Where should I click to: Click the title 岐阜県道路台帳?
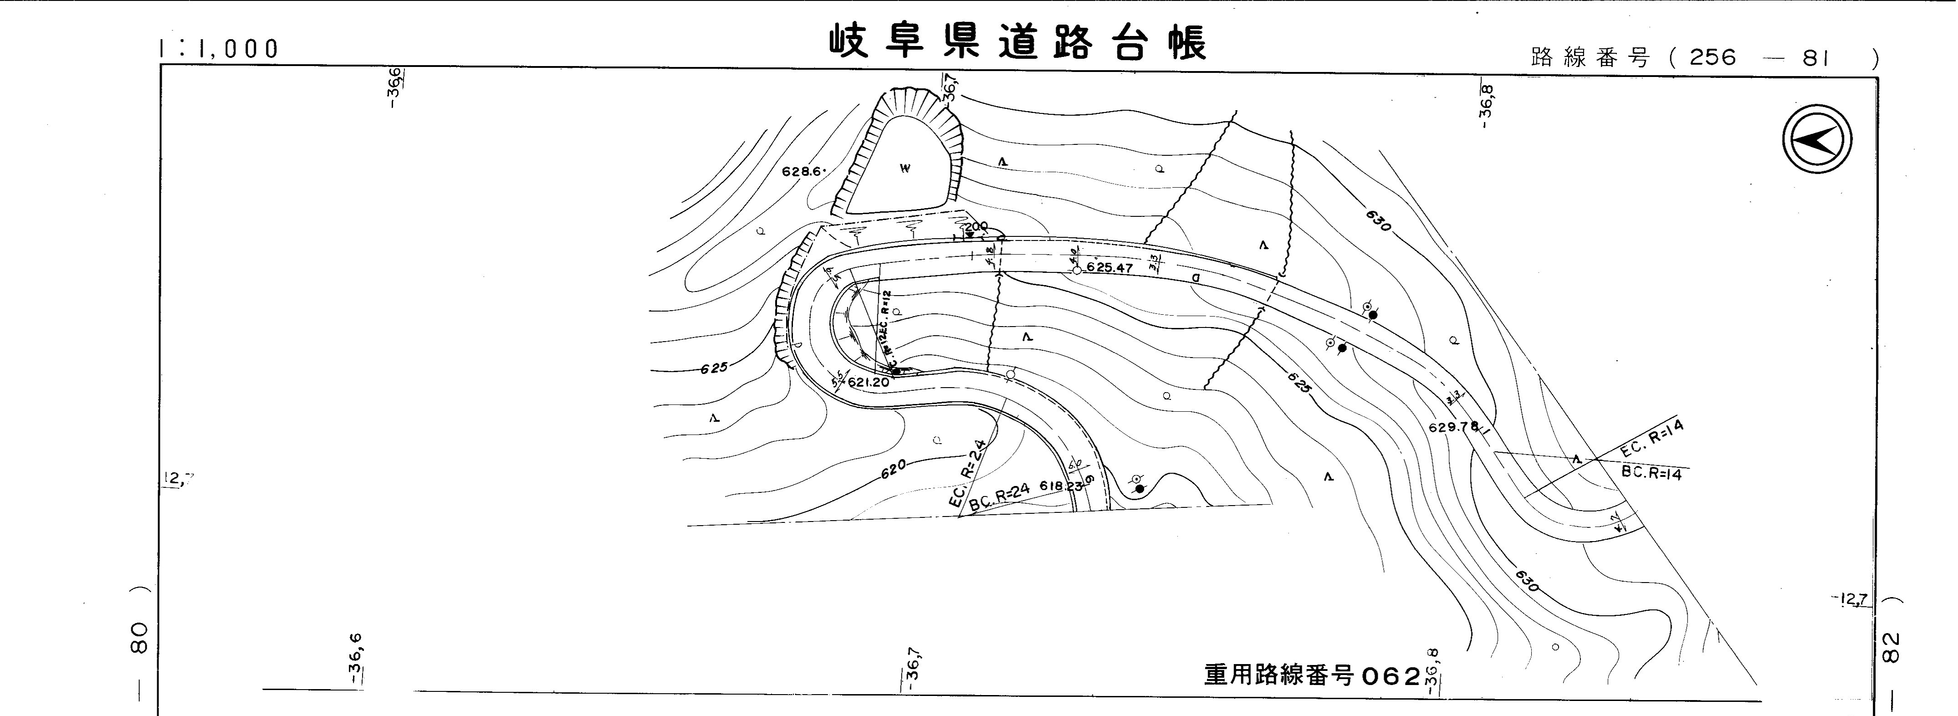click(x=1017, y=43)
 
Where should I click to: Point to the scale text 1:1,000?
click(x=219, y=49)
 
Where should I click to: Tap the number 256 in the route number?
click(x=1713, y=58)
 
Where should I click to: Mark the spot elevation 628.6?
click(x=803, y=172)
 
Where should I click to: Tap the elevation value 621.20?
click(x=868, y=382)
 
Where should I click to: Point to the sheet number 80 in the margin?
click(x=139, y=639)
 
